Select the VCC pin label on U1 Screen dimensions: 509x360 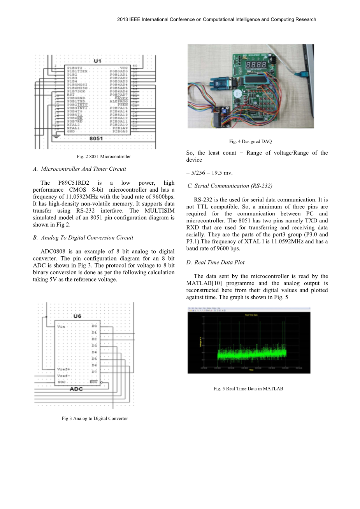point(124,68)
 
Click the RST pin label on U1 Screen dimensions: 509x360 point(71,94)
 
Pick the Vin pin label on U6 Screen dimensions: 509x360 point(61,327)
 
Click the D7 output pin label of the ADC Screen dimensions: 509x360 point(94,372)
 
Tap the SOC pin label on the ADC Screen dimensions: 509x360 point(61,382)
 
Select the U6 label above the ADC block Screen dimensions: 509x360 point(77,317)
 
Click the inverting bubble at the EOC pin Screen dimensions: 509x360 point(102,383)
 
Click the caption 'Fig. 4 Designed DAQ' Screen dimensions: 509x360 point(250,142)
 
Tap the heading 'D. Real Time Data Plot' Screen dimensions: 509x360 point(215,262)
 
